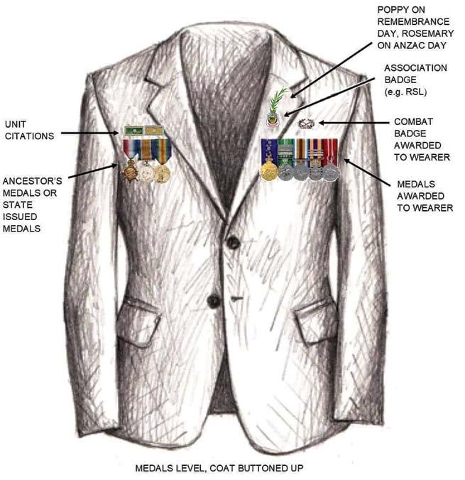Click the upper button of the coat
tap(232, 243)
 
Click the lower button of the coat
tap(213, 301)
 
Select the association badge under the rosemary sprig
tap(273, 119)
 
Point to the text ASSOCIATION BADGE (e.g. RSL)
tap(415, 79)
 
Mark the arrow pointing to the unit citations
tap(89, 133)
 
